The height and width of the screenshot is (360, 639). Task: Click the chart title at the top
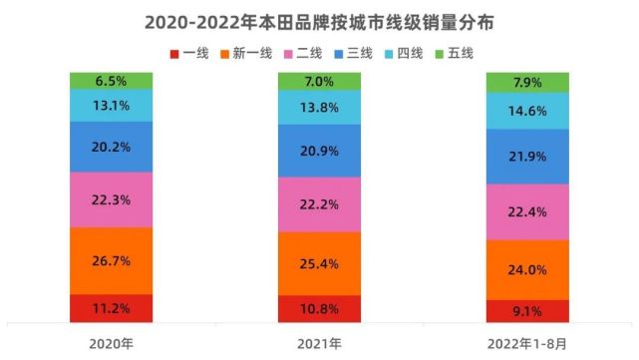[x=319, y=20]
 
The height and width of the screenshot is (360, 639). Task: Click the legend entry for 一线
[x=191, y=53]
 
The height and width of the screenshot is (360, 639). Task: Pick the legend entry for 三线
[x=354, y=53]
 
